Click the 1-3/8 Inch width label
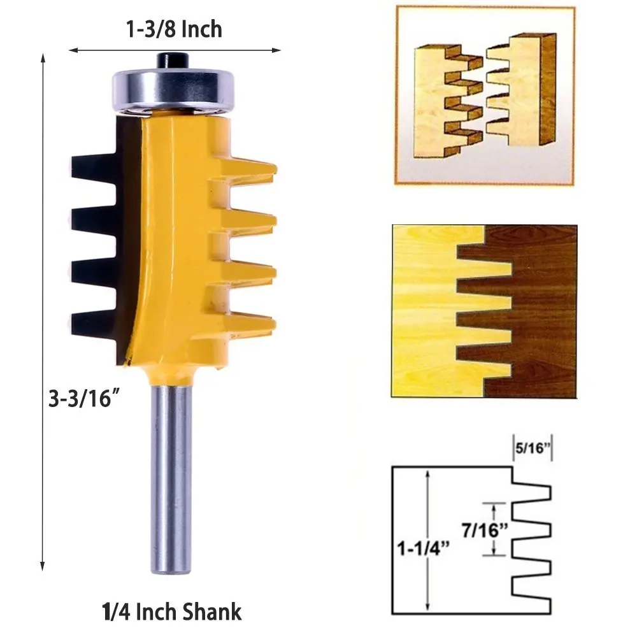pyautogui.click(x=173, y=29)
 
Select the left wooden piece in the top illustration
pyautogui.click(x=440, y=96)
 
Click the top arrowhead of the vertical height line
pyautogui.click(x=43, y=59)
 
